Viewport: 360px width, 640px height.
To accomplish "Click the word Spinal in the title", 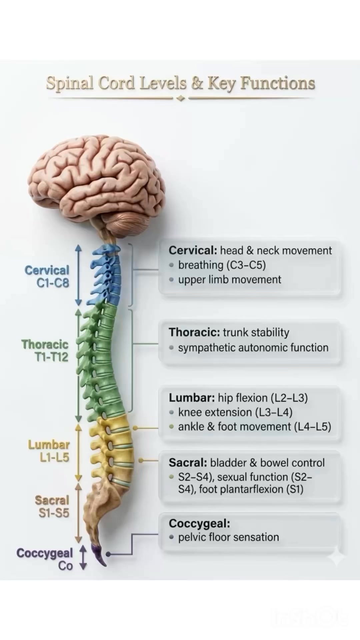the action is point(70,84).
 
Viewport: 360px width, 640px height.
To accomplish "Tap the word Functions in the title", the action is point(278,83).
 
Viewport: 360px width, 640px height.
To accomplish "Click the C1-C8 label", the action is point(53,283).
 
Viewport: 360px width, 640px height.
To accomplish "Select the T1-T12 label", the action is point(51,357).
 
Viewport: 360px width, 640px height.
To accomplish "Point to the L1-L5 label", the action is point(54,457).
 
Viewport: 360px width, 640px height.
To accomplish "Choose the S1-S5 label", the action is point(54,513).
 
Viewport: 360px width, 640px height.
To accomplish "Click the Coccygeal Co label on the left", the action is point(45,559).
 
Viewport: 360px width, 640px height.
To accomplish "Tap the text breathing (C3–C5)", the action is point(222,265).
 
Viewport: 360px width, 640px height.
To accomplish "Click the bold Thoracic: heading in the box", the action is point(194,332).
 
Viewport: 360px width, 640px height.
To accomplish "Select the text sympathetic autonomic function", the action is point(253,348).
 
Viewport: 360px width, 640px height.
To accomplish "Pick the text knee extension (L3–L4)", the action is point(235,412).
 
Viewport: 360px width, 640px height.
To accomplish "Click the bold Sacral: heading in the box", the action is point(188,463).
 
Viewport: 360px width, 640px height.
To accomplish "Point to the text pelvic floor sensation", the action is point(229,537).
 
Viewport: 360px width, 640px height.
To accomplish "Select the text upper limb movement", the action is point(230,280).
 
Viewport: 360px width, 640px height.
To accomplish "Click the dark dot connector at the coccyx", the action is point(108,554).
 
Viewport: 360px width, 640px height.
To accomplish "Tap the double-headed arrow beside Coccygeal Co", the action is point(83,557).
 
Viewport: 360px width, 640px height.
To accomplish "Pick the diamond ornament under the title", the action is point(180,98).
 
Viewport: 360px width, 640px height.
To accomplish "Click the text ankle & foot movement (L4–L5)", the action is point(255,427).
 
